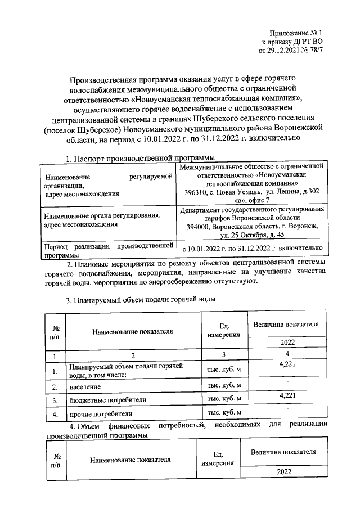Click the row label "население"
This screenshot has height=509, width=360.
[85, 387]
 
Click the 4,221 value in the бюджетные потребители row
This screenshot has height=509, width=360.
[287, 396]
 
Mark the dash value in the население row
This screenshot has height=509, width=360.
[287, 382]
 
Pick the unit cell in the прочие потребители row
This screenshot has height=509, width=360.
[224, 414]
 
